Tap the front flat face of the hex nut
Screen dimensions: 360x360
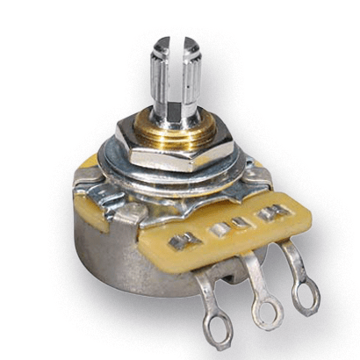[x=162, y=163]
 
